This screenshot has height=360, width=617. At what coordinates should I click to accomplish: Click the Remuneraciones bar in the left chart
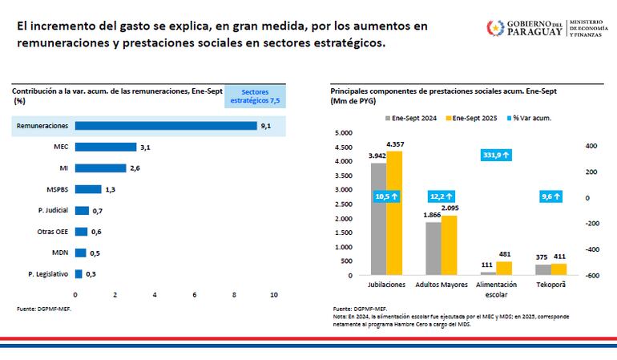point(166,126)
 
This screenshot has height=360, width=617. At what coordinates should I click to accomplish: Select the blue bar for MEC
point(106,147)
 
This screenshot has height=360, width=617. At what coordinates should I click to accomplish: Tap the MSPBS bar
point(88,189)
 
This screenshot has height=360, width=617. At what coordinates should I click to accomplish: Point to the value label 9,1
point(266,126)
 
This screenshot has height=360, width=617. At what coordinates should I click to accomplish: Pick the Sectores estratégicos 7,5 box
point(255,96)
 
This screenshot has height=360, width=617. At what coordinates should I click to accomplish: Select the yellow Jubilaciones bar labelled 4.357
point(394,212)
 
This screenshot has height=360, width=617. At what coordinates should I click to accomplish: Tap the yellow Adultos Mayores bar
point(449,245)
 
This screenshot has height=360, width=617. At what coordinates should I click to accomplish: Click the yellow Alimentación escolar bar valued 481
point(504,268)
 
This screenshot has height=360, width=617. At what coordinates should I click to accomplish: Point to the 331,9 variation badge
point(497,155)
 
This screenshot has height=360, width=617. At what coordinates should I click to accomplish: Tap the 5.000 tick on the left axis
point(343,133)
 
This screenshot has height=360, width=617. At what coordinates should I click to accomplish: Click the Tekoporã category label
point(552,285)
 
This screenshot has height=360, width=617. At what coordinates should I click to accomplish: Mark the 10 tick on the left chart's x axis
point(274,295)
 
